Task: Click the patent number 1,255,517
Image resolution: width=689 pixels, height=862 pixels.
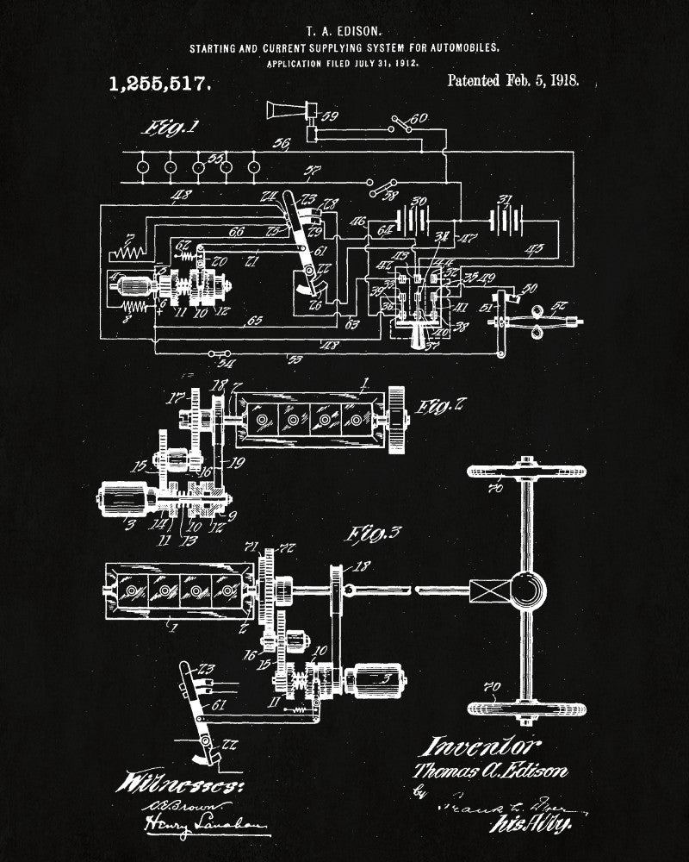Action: (158, 84)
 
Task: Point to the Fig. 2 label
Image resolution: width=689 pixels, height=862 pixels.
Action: (443, 405)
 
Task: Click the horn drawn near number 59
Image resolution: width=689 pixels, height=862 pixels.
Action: (283, 109)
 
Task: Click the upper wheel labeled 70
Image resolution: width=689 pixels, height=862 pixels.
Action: (526, 472)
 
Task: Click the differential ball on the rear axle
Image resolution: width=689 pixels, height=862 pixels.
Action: (526, 591)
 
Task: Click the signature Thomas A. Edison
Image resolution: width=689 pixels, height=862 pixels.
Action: (490, 770)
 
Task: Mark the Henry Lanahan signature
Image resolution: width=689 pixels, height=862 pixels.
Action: (203, 828)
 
